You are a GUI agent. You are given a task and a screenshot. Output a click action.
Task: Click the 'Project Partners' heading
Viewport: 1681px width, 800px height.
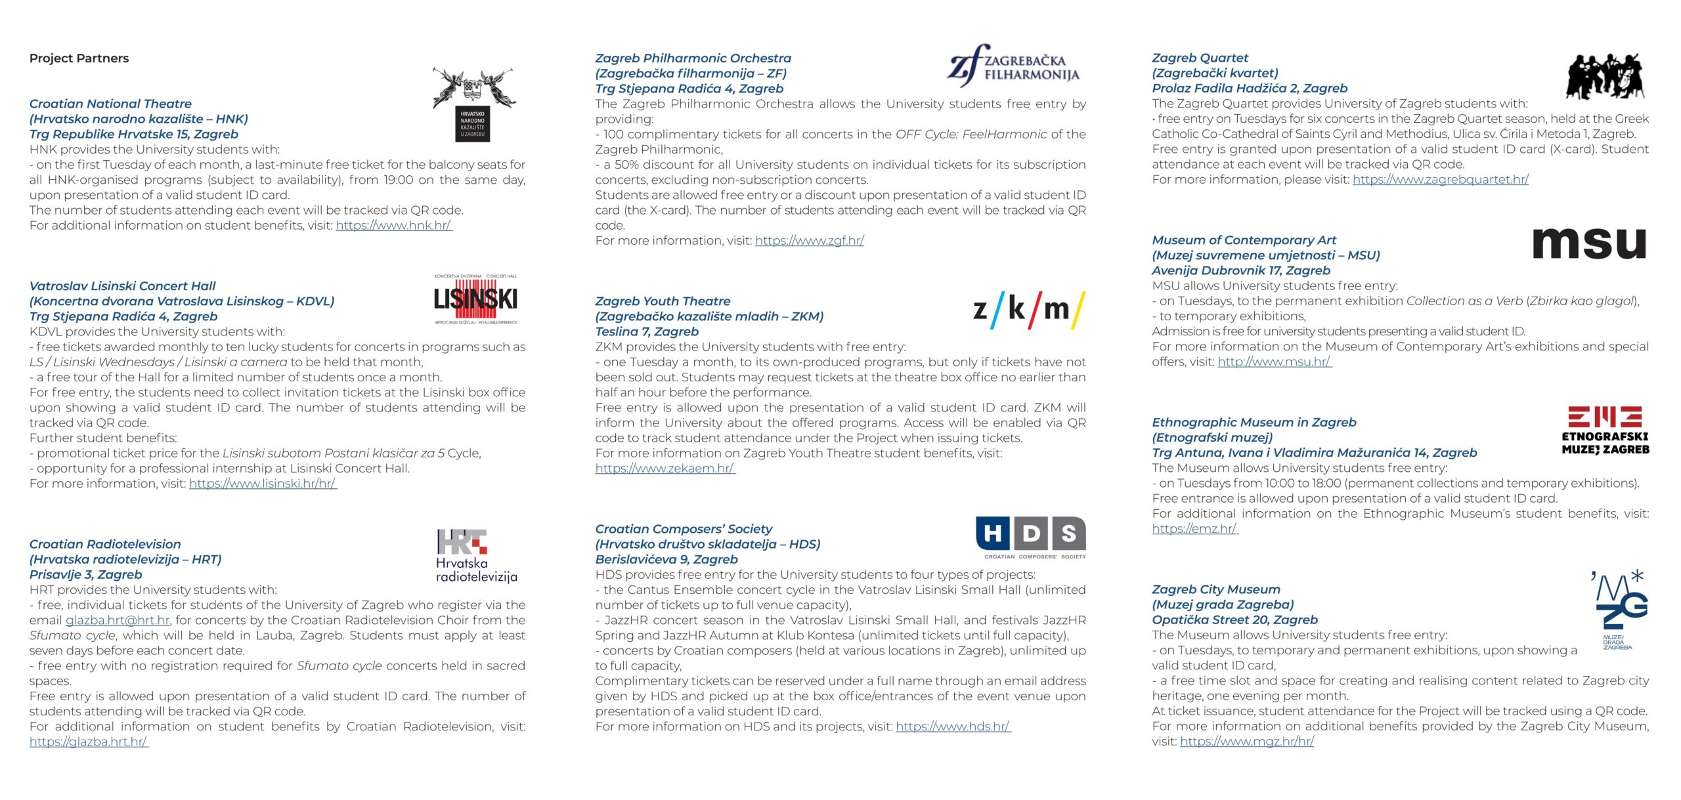(79, 58)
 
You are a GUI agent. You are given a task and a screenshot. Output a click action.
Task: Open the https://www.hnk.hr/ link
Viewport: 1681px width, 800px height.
(394, 226)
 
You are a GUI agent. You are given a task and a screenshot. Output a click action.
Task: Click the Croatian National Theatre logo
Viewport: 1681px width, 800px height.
(473, 104)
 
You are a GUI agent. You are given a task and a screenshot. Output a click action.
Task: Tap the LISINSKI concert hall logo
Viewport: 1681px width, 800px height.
(475, 299)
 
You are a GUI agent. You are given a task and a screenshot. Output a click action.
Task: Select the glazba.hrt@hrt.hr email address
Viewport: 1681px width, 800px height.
(118, 620)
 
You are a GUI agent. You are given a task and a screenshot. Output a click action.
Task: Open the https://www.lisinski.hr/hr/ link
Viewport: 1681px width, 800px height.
(263, 484)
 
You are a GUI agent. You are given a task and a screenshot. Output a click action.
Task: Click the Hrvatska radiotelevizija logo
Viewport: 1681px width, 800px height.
(476, 555)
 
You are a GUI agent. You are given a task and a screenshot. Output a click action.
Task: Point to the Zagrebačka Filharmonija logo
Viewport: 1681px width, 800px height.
(1013, 66)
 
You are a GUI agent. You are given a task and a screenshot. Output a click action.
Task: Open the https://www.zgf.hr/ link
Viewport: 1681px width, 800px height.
(809, 241)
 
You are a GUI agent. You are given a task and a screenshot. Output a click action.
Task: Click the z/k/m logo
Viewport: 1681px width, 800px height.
(1028, 309)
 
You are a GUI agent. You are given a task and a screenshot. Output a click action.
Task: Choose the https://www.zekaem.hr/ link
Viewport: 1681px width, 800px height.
(665, 469)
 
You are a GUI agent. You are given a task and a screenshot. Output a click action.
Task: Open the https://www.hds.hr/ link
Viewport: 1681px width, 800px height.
(953, 726)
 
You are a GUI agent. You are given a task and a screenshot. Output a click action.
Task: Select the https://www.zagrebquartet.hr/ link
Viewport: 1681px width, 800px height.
(1440, 179)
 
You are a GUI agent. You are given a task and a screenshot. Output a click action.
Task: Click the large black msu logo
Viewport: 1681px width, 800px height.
(1589, 243)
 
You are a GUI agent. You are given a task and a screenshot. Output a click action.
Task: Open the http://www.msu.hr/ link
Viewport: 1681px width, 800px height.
(1274, 362)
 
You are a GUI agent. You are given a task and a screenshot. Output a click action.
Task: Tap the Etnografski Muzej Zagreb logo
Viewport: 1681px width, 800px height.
(1605, 431)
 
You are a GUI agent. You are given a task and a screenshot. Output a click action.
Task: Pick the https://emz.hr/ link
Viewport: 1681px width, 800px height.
(1194, 529)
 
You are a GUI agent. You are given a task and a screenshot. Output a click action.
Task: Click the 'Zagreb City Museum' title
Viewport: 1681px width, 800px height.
(1215, 589)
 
